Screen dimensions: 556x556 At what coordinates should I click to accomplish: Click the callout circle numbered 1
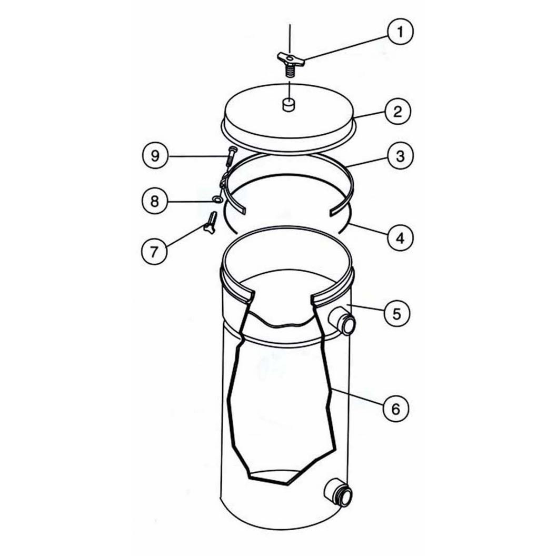[x=400, y=32]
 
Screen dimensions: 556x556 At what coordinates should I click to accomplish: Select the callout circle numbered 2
[x=397, y=111]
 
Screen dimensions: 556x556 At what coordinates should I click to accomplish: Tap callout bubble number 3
[x=400, y=156]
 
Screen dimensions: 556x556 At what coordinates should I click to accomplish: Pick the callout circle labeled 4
[x=400, y=238]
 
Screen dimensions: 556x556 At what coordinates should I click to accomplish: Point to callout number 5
[x=396, y=313]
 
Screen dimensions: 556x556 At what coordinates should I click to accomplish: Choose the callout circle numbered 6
[x=396, y=409]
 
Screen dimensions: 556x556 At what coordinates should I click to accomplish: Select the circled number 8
[x=155, y=201]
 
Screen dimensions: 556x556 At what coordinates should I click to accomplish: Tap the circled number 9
[x=155, y=156]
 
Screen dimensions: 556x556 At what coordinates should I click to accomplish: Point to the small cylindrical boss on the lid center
[x=289, y=105]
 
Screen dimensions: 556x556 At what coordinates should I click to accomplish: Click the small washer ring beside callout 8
[x=216, y=200]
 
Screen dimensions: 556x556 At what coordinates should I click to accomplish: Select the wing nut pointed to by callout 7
[x=210, y=223]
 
